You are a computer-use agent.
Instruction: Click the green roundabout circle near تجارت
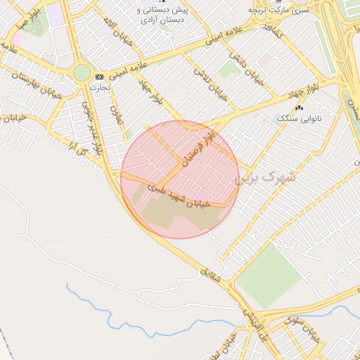(82, 72)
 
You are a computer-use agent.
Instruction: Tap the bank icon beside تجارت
(99, 76)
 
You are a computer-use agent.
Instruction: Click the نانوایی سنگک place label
(300, 119)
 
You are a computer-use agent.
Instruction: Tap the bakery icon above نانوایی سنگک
(300, 108)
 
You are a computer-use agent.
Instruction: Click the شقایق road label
(210, 276)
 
